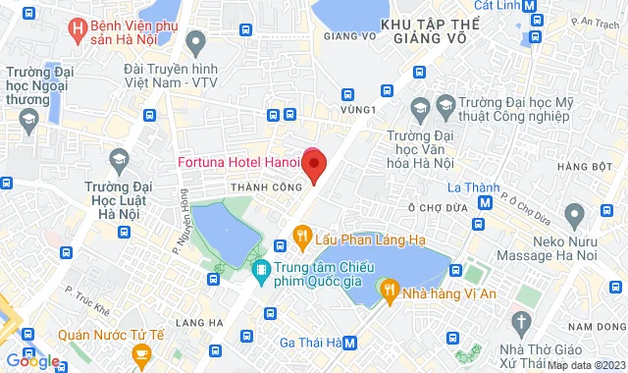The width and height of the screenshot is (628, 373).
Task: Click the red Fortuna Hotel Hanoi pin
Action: pyautogui.click(x=313, y=163)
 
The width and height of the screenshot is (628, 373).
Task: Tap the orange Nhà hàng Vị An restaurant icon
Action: pyautogui.click(x=391, y=290)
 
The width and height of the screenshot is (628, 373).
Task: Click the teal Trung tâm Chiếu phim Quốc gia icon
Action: pyautogui.click(x=261, y=268)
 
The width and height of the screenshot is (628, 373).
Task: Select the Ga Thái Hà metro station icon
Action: pyautogui.click(x=350, y=343)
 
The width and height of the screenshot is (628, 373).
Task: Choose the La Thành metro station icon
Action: pyautogui.click(x=485, y=202)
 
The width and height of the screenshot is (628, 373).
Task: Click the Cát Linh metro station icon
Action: pyautogui.click(x=531, y=5)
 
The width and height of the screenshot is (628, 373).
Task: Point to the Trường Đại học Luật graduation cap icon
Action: pyautogui.click(x=118, y=158)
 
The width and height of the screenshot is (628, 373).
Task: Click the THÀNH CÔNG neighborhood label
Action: pyautogui.click(x=258, y=186)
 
